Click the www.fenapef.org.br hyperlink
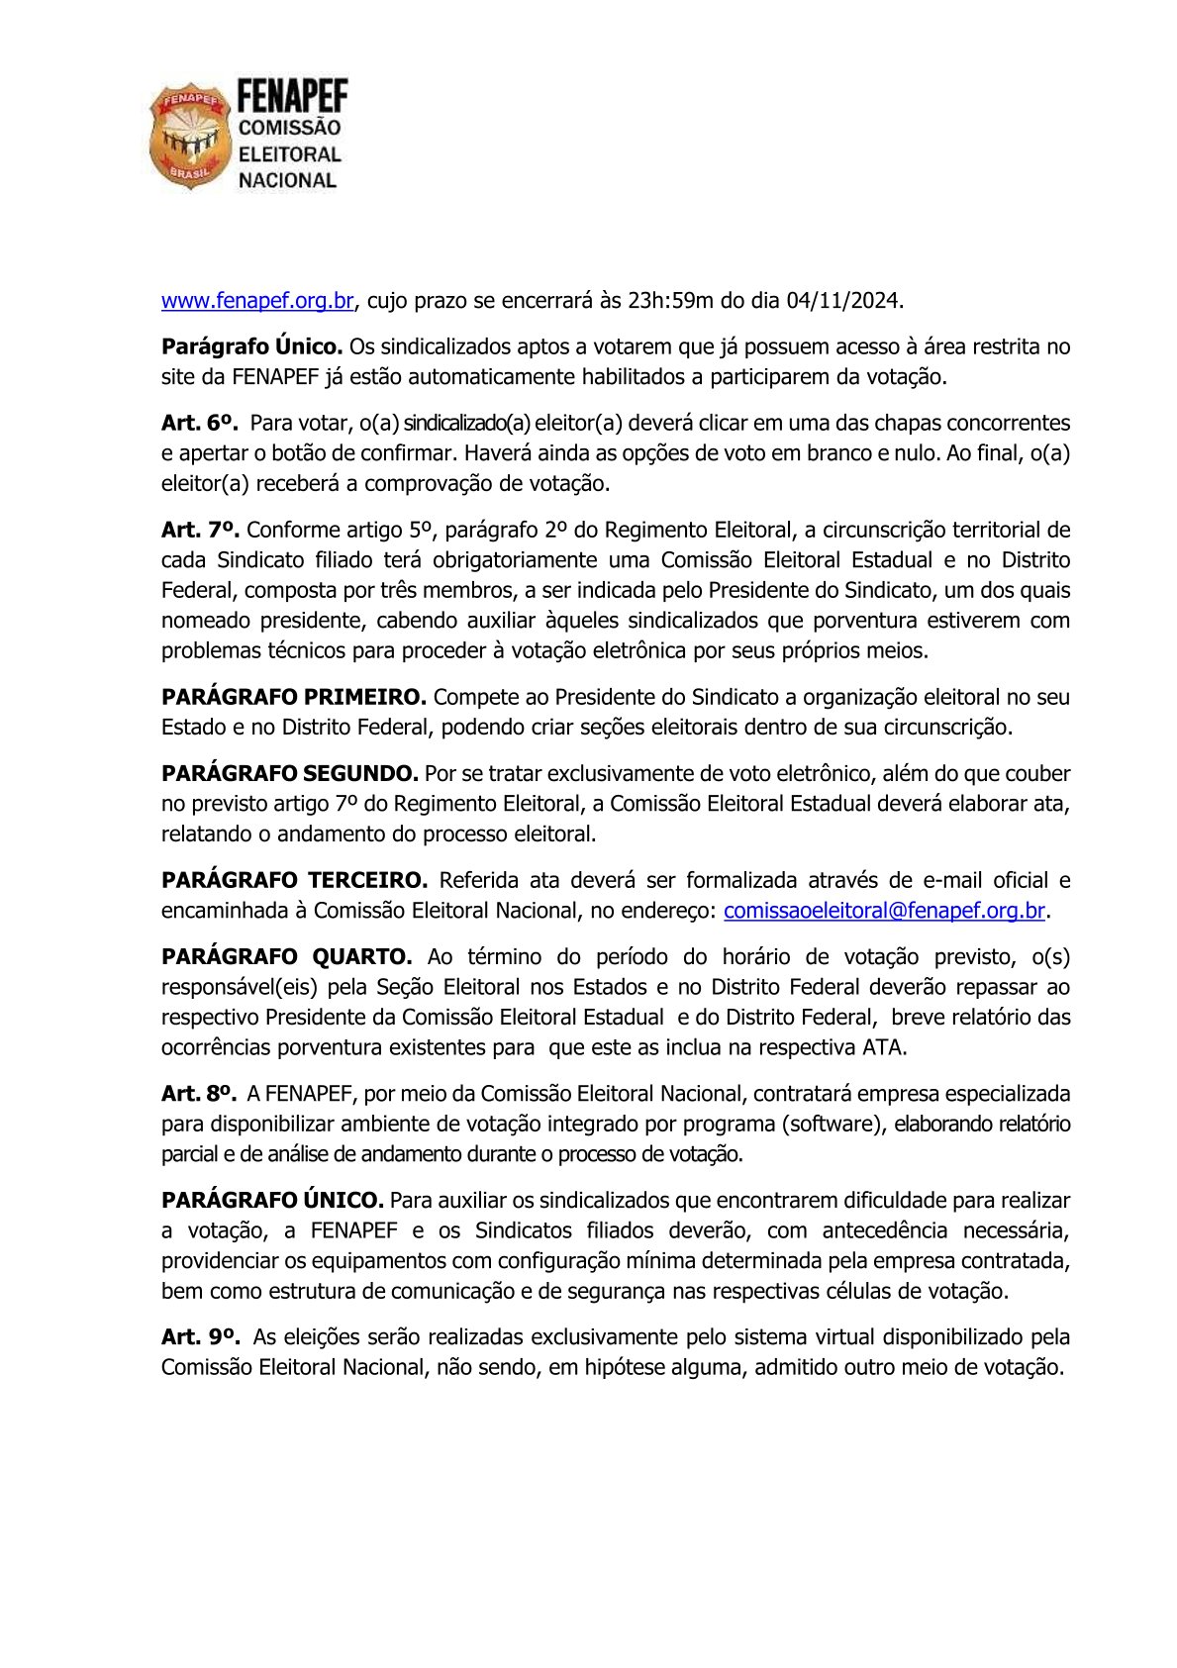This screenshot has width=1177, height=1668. pyautogui.click(x=257, y=300)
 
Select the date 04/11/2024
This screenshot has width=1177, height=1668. pyautogui.click(x=842, y=300)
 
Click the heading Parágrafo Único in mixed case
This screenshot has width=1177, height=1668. pyautogui.click(x=251, y=346)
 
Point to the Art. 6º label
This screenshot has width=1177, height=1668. pyautogui.click(x=199, y=423)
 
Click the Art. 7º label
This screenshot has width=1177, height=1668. pyautogui.click(x=200, y=530)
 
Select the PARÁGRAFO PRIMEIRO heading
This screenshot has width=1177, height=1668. pyautogui.click(x=294, y=697)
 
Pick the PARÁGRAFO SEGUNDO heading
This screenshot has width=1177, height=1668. pyautogui.click(x=290, y=773)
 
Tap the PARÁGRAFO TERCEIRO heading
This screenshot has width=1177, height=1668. pyautogui.click(x=294, y=880)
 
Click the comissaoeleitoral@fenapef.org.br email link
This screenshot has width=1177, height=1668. pyautogui.click(x=884, y=911)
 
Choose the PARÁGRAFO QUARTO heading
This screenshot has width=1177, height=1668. pyautogui.click(x=286, y=956)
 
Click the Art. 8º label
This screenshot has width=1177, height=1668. pyautogui.click(x=199, y=1094)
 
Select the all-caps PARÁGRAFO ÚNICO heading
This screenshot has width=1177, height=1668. pyautogui.click(x=272, y=1200)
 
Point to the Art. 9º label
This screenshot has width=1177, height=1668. pyautogui.click(x=200, y=1336)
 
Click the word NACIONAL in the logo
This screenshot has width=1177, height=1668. pyautogui.click(x=287, y=180)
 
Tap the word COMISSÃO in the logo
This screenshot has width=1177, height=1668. pyautogui.click(x=289, y=128)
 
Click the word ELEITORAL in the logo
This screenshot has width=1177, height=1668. pyautogui.click(x=289, y=154)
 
